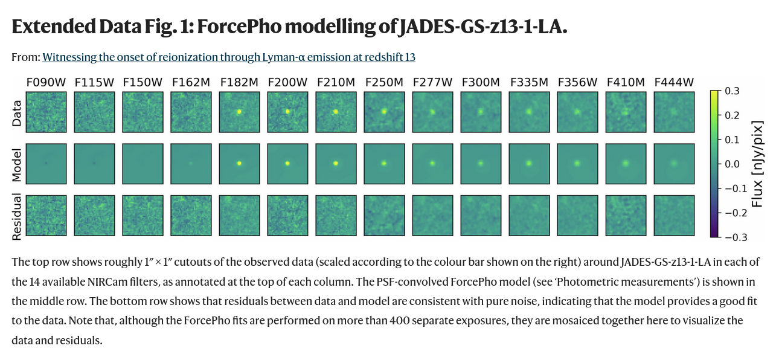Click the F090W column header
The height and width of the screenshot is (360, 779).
(46, 82)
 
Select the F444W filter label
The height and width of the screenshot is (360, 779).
(674, 82)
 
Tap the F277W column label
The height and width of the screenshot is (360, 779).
(432, 82)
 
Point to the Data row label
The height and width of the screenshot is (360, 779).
(17, 113)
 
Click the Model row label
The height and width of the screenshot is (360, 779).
(17, 166)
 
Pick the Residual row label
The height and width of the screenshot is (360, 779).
(17, 217)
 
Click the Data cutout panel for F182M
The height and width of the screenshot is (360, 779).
(239, 112)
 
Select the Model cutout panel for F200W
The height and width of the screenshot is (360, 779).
(287, 164)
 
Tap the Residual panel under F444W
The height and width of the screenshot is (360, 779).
(674, 215)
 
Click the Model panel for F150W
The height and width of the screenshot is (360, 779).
(143, 164)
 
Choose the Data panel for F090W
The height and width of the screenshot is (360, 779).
(46, 112)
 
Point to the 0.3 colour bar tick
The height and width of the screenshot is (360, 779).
(732, 91)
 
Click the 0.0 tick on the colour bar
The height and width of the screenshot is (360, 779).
(732, 164)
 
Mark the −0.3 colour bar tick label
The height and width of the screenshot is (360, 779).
(736, 237)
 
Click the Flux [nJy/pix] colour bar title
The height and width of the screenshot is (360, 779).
(757, 164)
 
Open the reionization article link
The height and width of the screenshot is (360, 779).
(229, 57)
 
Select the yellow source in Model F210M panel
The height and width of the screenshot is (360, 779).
(336, 163)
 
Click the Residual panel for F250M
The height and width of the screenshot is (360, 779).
(384, 215)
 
